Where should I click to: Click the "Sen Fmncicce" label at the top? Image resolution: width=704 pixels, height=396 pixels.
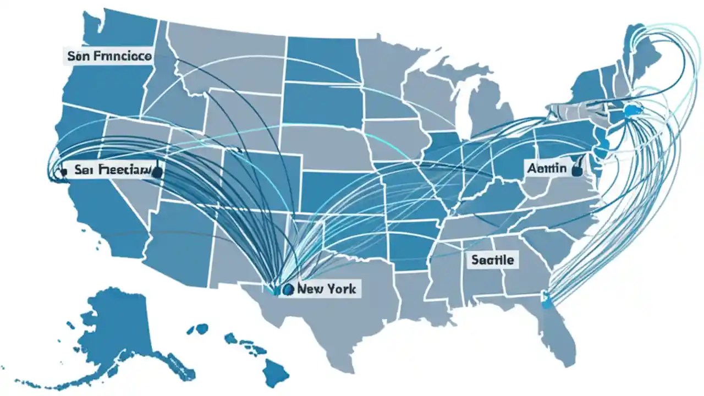tap(109, 56)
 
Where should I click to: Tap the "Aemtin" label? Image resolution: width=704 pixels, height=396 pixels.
tap(546, 168)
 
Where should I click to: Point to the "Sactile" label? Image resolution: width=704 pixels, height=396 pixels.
tap(493, 259)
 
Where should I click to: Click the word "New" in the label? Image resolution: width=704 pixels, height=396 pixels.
tap(310, 288)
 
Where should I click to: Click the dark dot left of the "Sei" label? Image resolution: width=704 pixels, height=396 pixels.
tap(63, 172)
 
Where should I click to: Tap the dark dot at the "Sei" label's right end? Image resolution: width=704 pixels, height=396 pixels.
tap(157, 172)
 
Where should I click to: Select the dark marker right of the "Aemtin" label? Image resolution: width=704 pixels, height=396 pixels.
tap(577, 170)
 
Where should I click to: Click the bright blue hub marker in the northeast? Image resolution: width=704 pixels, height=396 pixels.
tap(631, 112)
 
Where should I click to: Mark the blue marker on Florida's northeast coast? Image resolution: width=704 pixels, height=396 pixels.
tap(546, 301)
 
